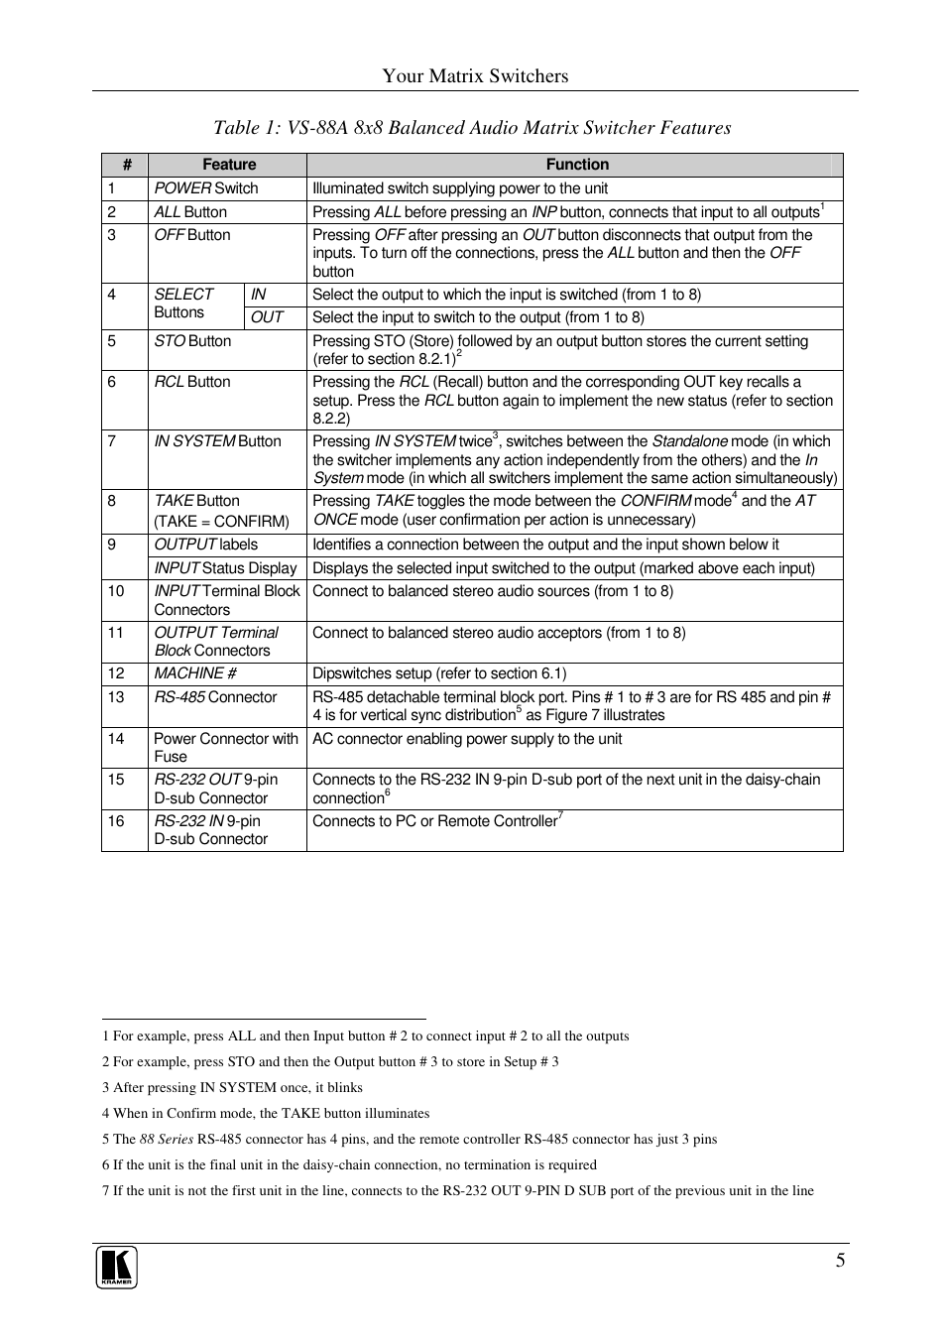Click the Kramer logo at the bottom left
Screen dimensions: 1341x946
(116, 1268)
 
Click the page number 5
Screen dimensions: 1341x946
(840, 1261)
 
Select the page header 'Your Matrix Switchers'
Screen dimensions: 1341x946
(475, 76)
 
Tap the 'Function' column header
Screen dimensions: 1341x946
(577, 165)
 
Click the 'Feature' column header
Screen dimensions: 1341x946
(229, 165)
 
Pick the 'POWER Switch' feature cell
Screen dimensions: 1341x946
(206, 188)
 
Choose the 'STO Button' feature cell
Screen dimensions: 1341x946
(192, 341)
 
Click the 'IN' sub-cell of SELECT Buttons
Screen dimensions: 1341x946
(259, 295)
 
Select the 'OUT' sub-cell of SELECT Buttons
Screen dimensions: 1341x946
(267, 317)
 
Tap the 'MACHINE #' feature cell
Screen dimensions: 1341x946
(195, 673)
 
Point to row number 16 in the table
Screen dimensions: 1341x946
(116, 821)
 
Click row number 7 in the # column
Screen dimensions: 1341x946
(112, 441)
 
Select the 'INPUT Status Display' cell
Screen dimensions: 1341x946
(225, 568)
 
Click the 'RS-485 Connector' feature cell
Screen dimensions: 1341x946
(215, 697)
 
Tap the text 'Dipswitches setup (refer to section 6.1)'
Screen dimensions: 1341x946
(439, 673)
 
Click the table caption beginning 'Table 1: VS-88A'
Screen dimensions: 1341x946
(472, 128)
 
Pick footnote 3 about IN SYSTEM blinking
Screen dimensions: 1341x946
(232, 1088)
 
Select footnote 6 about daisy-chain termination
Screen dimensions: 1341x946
(349, 1165)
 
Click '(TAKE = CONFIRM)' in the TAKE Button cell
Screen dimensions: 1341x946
(221, 522)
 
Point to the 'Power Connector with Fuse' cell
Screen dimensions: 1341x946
(225, 747)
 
